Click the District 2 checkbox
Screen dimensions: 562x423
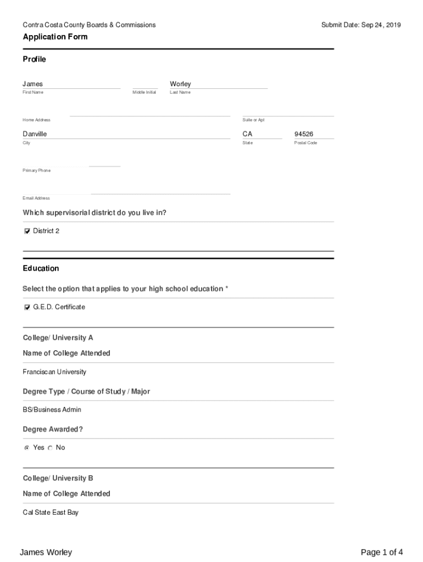click(27, 231)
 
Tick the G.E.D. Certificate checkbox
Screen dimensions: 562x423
click(27, 307)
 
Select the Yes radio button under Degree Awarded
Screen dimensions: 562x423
click(27, 448)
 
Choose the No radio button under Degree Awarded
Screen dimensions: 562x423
click(50, 448)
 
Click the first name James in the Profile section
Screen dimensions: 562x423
click(32, 84)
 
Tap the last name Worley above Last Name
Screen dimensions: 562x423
click(180, 84)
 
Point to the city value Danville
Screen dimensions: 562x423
click(35, 134)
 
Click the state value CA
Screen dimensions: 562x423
click(247, 134)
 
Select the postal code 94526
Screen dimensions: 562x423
click(303, 134)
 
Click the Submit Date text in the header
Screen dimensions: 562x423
click(361, 25)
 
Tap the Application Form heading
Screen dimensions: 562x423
click(55, 37)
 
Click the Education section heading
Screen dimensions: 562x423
click(41, 268)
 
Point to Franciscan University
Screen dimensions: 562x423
click(54, 372)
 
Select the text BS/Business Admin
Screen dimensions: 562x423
click(52, 410)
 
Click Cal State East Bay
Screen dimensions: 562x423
click(51, 513)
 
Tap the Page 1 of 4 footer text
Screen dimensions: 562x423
click(381, 552)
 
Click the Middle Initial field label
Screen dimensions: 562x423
click(144, 92)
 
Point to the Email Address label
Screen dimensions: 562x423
click(36, 198)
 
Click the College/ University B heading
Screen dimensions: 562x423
click(58, 478)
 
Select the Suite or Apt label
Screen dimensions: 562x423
click(253, 120)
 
